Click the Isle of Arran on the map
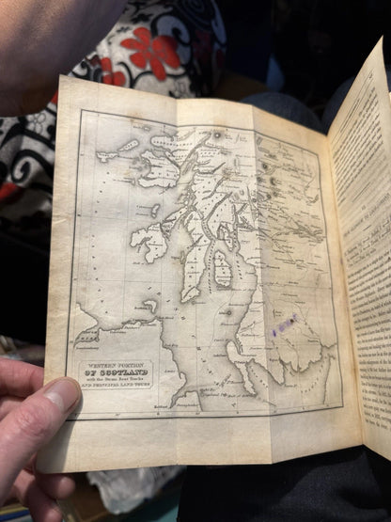click(223, 268)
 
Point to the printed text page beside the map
click(362, 263)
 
